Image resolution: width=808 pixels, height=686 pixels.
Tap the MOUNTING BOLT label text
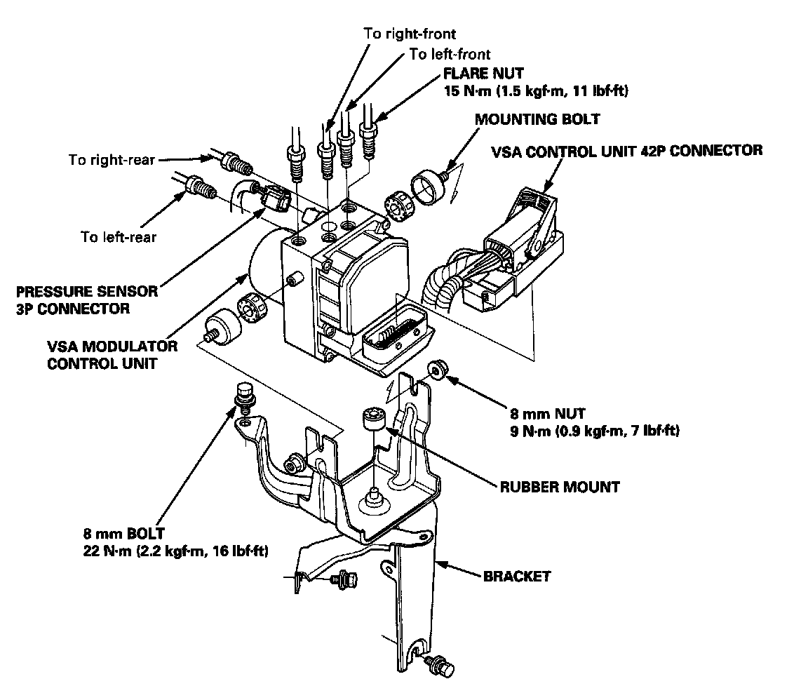[x=537, y=119]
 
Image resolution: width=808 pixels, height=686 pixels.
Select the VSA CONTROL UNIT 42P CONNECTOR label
[x=626, y=150]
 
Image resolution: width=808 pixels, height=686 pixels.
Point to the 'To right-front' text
[x=410, y=32]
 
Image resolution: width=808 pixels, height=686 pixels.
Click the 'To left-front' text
[x=450, y=54]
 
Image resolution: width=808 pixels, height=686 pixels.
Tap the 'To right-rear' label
[x=112, y=160]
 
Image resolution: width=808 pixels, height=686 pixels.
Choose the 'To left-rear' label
[x=119, y=236]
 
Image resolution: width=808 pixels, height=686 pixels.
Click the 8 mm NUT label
[x=548, y=415]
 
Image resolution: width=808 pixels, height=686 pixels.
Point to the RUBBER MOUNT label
[x=560, y=486]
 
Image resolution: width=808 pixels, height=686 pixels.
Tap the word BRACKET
[x=517, y=577]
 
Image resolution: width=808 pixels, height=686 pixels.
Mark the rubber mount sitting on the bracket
[x=372, y=423]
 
